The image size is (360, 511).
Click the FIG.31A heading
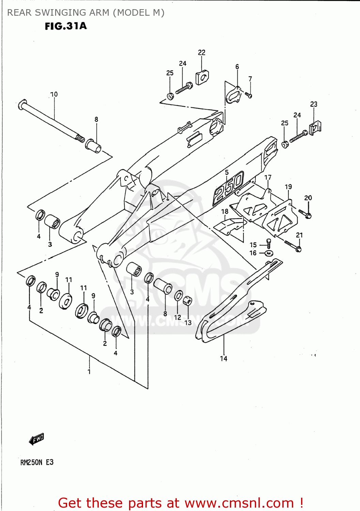click(66, 26)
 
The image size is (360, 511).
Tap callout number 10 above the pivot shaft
click(54, 94)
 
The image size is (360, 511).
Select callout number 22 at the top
click(202, 52)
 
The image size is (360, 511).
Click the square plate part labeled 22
click(202, 77)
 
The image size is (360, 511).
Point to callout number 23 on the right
click(314, 104)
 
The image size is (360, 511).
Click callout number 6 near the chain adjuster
click(237, 67)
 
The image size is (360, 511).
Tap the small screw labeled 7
click(249, 95)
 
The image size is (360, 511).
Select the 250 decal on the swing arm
click(229, 187)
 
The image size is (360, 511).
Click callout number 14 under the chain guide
click(223, 358)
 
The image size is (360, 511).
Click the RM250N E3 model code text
click(37, 462)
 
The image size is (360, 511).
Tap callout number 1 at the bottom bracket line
click(89, 371)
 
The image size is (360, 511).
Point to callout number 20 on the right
click(308, 198)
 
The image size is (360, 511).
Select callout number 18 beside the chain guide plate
click(225, 212)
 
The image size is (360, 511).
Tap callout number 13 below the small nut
click(188, 322)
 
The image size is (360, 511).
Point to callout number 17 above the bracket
click(268, 177)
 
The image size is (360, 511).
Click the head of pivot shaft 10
click(22, 104)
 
